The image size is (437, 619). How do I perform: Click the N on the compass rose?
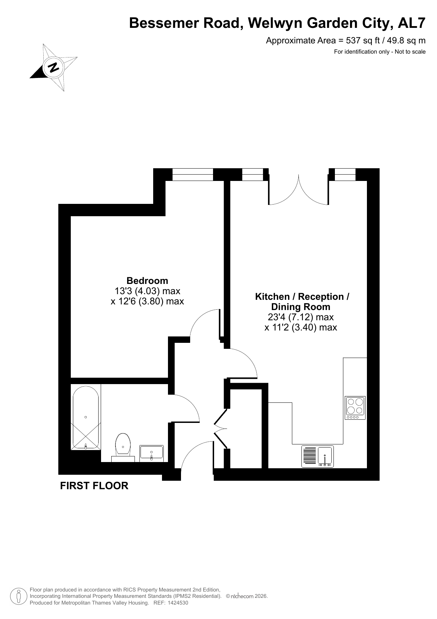pyautogui.click(x=54, y=67)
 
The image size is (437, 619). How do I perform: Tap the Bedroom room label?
pyautogui.click(x=147, y=281)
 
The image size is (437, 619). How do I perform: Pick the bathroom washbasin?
pyautogui.click(x=151, y=453)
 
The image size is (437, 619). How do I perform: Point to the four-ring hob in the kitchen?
pyautogui.click(x=355, y=408)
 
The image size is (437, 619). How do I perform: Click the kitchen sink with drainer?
pyautogui.click(x=317, y=457)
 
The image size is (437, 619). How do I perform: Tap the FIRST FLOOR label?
pyautogui.click(x=94, y=486)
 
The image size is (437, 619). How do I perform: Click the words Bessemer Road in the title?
pyautogui.click(x=185, y=23)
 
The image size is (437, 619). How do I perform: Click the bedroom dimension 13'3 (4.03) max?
pyautogui.click(x=147, y=291)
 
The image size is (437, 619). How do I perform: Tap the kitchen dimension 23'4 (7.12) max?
pyautogui.click(x=300, y=317)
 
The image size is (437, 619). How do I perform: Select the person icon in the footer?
pyautogui.click(x=19, y=596)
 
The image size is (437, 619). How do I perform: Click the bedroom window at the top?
pyautogui.click(x=193, y=175)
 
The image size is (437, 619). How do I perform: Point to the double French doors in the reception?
pyautogui.click(x=299, y=190)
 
